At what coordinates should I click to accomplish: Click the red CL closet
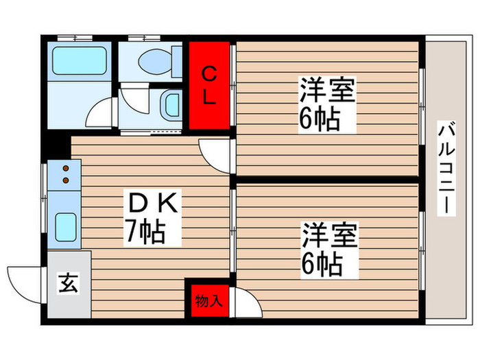pyautogui.click(x=209, y=85)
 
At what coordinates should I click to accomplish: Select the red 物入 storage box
pyautogui.click(x=208, y=300)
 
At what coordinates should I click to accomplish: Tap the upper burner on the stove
pyautogui.click(x=67, y=168)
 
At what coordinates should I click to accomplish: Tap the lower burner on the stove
pyautogui.click(x=67, y=180)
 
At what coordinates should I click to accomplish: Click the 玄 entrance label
pyautogui.click(x=69, y=282)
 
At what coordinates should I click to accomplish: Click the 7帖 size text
pyautogui.click(x=144, y=232)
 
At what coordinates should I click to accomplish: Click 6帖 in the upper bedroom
pyautogui.click(x=319, y=120)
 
